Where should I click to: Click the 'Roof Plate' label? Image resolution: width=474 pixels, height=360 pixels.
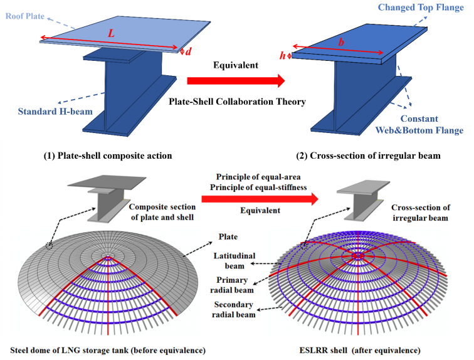(x=21, y=16)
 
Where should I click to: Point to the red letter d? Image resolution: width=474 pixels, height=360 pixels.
(x=187, y=53)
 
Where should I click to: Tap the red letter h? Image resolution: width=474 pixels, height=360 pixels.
(x=282, y=56)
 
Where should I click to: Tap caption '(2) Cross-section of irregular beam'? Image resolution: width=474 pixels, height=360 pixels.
(x=355, y=156)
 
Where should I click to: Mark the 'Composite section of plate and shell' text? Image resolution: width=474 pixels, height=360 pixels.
(x=162, y=211)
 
